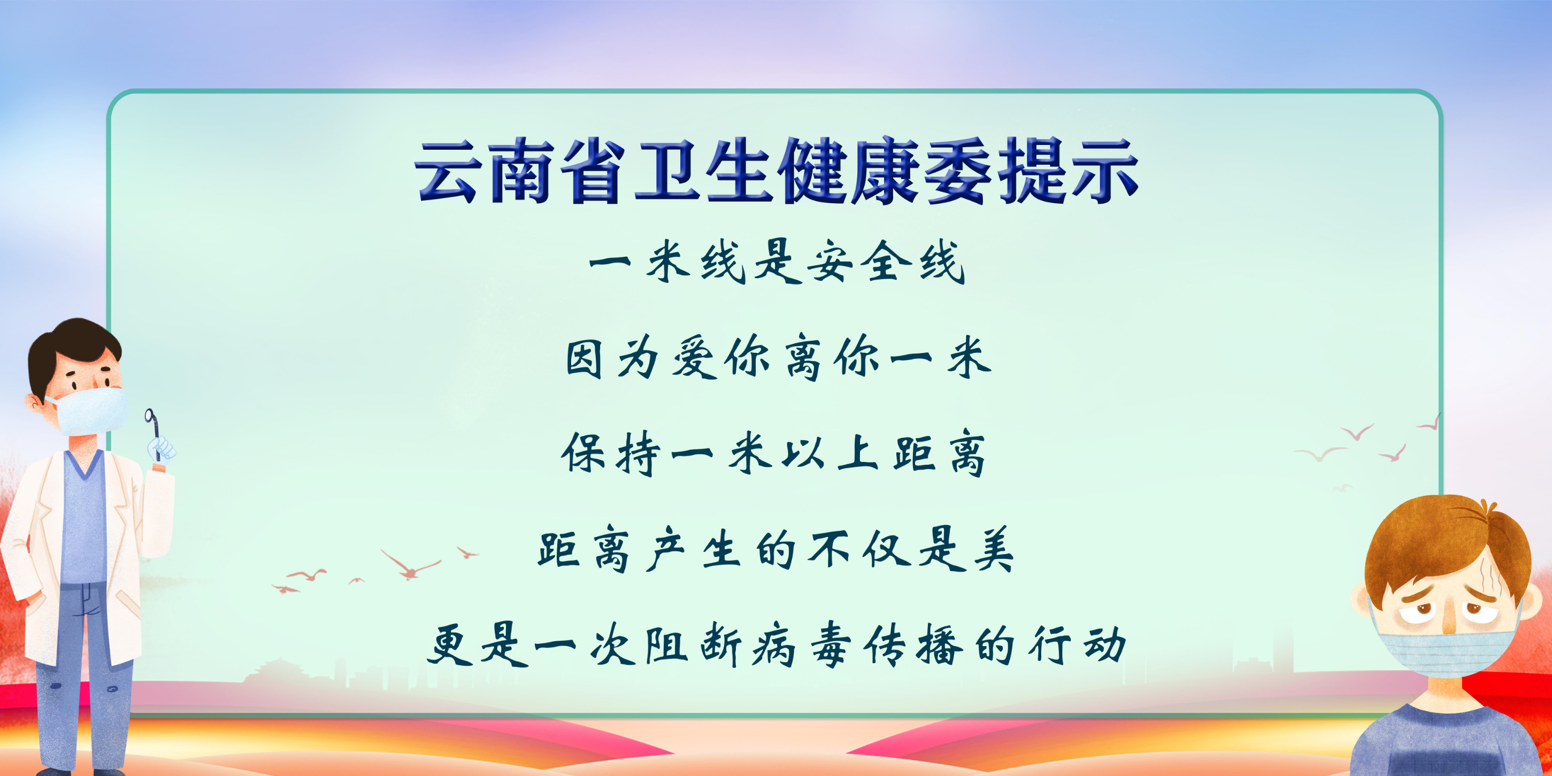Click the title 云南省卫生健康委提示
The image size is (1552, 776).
coord(777,171)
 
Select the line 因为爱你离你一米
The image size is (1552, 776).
coord(779,357)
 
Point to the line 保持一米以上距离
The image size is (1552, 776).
coord(773,453)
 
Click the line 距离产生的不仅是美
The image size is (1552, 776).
coord(776,549)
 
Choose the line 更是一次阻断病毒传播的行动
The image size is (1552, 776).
coord(777,646)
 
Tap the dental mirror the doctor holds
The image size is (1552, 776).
coord(153,433)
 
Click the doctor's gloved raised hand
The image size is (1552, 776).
coord(161,449)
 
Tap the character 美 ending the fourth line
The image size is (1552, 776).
coord(994,549)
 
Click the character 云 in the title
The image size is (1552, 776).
coord(448,172)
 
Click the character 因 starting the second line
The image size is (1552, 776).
coord(584,358)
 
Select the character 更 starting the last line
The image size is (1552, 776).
coord(449,646)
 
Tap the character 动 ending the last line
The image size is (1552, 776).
coord(1105,644)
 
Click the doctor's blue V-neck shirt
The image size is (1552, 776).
coord(84,518)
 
